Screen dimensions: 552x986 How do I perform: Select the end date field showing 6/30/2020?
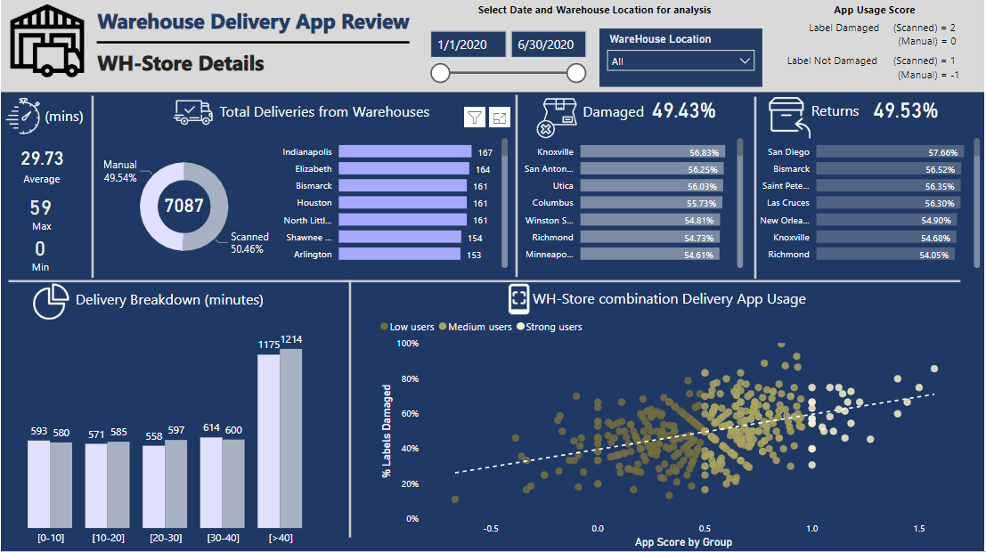(x=549, y=45)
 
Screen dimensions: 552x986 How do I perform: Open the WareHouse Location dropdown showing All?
(x=680, y=61)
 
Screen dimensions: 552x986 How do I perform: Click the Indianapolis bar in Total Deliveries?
(x=405, y=152)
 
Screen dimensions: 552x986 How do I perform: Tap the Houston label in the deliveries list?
(x=314, y=203)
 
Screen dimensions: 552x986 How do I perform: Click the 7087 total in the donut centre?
(x=183, y=207)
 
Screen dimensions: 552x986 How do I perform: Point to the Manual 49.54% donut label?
(x=120, y=172)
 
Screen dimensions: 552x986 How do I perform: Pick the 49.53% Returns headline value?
(x=905, y=111)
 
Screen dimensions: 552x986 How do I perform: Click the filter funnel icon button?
(x=475, y=118)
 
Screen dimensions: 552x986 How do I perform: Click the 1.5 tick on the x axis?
(x=917, y=528)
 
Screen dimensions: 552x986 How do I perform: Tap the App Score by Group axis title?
(x=683, y=541)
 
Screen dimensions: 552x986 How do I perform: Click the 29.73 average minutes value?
(x=42, y=158)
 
